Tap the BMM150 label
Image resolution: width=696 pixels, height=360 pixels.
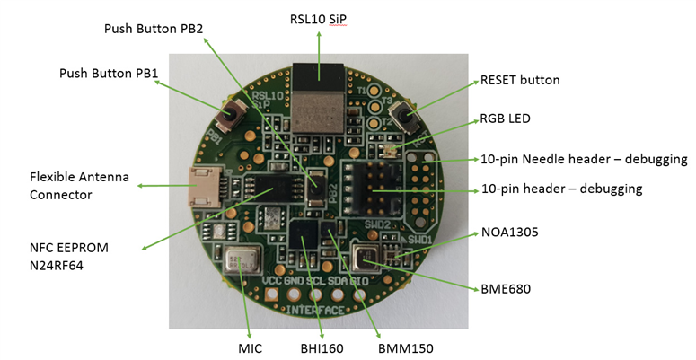point(388,347)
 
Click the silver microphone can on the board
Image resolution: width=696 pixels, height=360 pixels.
point(241,263)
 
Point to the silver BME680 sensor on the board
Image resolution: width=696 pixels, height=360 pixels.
point(367,259)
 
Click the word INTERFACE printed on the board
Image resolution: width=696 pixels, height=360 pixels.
point(313,309)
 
